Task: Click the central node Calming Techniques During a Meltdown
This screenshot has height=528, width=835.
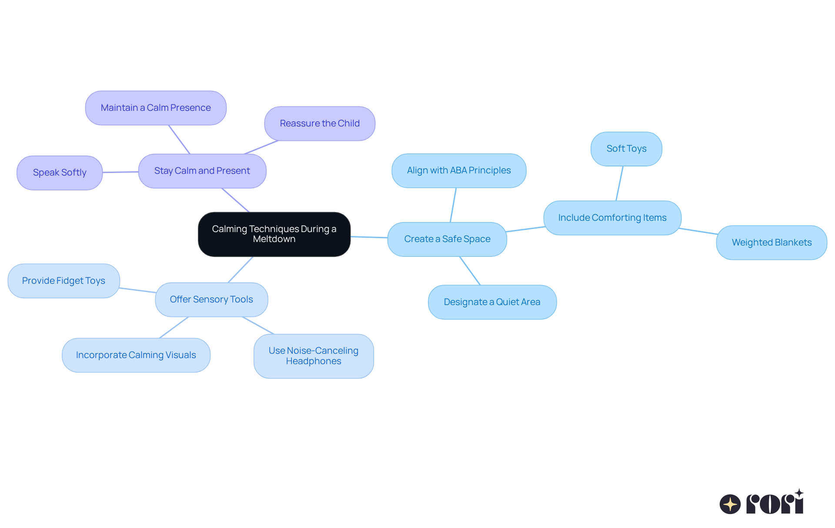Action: click(274, 234)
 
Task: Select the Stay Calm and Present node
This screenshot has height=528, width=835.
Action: click(202, 171)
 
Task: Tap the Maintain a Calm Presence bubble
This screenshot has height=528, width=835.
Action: click(156, 108)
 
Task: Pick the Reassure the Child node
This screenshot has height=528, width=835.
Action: click(320, 123)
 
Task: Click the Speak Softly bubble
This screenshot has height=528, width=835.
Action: click(60, 173)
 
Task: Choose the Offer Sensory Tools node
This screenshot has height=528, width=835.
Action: click(211, 299)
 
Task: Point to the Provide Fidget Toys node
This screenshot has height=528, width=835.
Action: click(63, 281)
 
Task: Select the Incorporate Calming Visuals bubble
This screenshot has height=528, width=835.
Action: click(136, 355)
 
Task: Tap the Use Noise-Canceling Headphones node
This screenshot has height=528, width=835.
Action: click(314, 356)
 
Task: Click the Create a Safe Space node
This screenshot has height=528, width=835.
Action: click(447, 239)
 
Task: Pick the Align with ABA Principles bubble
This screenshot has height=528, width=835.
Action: click(459, 170)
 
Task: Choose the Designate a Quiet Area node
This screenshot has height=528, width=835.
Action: click(492, 302)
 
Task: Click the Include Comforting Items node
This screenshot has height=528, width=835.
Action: click(612, 218)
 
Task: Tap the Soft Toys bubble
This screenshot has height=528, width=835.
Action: click(626, 149)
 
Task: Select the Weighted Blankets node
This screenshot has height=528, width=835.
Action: click(772, 242)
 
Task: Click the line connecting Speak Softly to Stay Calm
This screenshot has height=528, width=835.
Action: click(120, 172)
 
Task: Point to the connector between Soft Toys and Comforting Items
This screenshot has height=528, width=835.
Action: click(619, 183)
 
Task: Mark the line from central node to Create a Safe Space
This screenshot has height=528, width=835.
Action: click(369, 237)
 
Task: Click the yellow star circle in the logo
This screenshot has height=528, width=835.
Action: click(730, 504)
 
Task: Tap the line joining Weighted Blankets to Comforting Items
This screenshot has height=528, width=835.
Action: click(698, 231)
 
